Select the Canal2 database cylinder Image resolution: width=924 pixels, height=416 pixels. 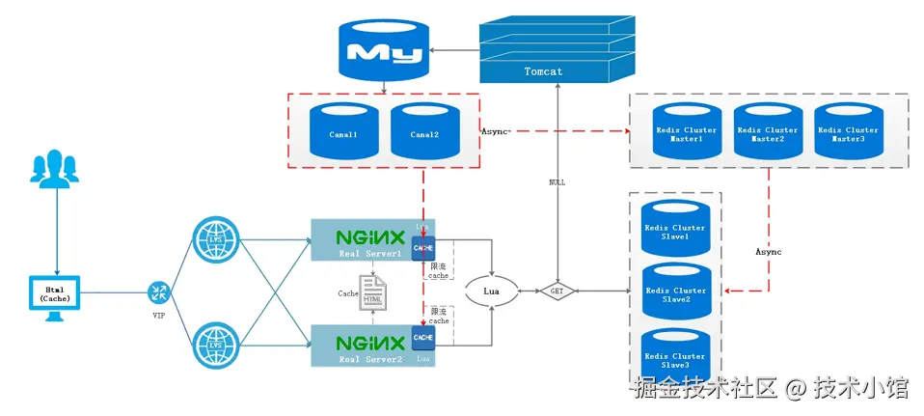(424, 134)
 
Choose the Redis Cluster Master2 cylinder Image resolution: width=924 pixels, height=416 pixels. (767, 134)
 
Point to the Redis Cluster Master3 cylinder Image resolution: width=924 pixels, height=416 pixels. (848, 134)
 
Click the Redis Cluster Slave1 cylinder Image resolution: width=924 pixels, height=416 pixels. (675, 232)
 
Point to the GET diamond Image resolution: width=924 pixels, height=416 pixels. (557, 289)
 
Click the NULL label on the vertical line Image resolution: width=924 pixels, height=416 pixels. (557, 181)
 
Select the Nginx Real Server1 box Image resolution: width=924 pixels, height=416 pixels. (365, 238)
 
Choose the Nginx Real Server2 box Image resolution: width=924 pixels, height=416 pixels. (365, 345)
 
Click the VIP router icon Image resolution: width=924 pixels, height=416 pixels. (160, 291)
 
